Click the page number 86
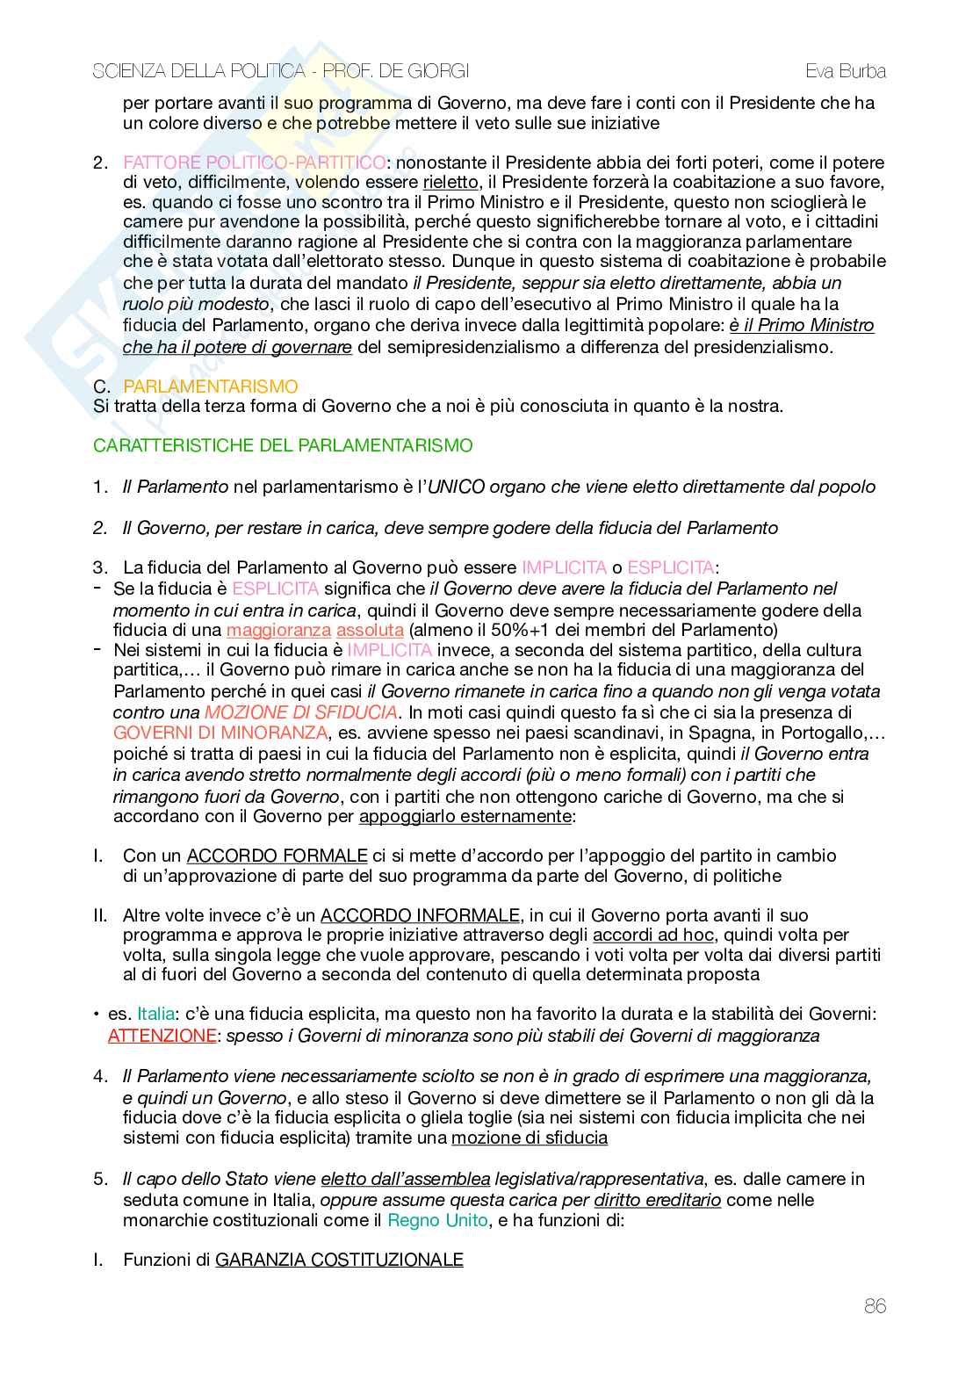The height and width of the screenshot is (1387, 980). [875, 1306]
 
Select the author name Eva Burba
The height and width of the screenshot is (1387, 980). [846, 72]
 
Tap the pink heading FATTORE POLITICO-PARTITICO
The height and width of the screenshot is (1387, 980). [255, 163]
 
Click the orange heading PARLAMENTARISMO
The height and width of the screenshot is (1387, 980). [211, 386]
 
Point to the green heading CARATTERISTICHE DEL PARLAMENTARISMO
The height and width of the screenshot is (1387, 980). [283, 445]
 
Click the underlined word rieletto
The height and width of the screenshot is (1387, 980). [450, 183]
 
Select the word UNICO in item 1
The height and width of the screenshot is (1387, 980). [457, 487]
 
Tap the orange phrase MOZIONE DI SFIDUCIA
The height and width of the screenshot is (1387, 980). [301, 712]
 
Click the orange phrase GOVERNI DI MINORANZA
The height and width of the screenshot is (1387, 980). [220, 733]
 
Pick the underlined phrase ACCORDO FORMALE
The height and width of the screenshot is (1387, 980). [277, 856]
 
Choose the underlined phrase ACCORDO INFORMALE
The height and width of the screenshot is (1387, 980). [420, 915]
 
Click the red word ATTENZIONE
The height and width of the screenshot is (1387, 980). [162, 1036]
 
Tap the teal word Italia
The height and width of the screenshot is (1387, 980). [155, 1015]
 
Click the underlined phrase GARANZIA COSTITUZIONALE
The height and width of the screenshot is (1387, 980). [339, 1261]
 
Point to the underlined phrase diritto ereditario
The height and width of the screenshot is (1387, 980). [658, 1200]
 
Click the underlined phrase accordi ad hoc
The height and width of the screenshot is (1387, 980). [654, 936]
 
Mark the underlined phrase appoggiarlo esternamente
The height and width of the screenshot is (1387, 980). [465, 816]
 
